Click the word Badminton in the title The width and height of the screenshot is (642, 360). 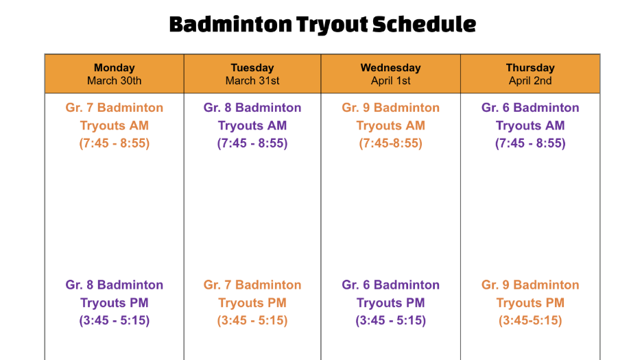click(x=230, y=25)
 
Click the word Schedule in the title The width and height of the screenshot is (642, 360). click(x=424, y=25)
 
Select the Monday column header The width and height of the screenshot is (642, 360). click(x=115, y=68)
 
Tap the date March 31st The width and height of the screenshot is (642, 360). click(x=252, y=81)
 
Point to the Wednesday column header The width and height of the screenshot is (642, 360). click(x=390, y=68)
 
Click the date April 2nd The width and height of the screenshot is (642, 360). click(x=530, y=81)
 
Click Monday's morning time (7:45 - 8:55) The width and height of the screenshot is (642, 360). click(x=115, y=143)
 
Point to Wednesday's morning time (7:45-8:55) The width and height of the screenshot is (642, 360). click(x=391, y=143)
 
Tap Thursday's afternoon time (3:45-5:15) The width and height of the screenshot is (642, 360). click(x=530, y=320)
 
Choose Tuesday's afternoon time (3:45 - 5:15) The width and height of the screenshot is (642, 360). click(x=252, y=320)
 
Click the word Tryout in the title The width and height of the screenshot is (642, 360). click(x=332, y=25)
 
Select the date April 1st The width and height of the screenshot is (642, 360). click(x=391, y=81)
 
